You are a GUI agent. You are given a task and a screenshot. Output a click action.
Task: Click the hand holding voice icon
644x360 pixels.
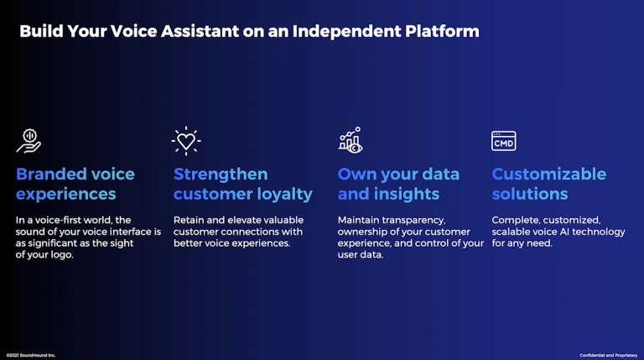point(29,141)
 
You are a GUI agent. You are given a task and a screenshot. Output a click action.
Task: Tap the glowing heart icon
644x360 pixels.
point(186,141)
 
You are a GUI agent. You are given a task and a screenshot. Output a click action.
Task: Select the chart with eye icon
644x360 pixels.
point(351,140)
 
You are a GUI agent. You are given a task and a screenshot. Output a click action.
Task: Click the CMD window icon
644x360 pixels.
point(503,141)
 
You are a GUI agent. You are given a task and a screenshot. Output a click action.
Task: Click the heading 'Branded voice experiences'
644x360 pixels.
point(75,184)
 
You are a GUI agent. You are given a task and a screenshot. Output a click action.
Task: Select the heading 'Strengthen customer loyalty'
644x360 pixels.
point(242,184)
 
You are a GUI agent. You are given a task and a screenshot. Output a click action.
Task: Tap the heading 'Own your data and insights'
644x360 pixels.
point(398,184)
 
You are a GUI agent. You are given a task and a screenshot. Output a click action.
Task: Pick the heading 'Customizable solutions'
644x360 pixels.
point(548,184)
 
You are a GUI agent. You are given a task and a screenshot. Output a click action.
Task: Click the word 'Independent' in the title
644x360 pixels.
point(346,32)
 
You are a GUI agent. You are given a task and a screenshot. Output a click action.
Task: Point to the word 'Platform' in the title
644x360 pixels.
point(443,31)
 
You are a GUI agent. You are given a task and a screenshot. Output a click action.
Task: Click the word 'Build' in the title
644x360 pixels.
point(41,31)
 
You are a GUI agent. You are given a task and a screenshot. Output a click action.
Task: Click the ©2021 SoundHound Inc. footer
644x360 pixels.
point(31,355)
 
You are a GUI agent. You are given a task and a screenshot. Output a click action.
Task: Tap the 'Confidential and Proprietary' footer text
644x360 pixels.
point(609,355)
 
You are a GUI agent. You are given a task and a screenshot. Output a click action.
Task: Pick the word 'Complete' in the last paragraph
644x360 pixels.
point(516,221)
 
